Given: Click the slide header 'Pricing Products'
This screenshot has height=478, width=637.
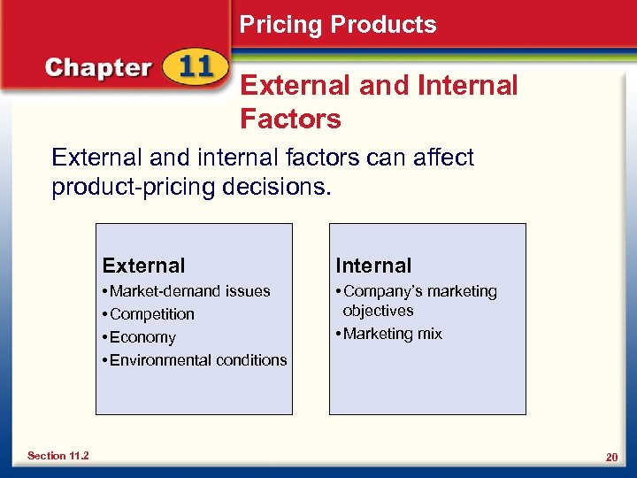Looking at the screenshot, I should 338,25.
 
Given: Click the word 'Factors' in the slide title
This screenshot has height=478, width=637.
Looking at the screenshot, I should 290,118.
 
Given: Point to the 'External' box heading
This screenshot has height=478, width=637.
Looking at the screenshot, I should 143,266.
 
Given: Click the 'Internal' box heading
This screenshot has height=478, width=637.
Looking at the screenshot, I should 372,266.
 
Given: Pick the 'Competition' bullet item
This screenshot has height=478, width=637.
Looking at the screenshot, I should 151,314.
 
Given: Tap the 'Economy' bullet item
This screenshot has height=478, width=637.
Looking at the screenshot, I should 142,337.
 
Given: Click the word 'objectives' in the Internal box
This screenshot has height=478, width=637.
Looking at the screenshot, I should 378,311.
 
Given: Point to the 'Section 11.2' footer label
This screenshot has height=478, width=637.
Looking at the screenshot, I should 58,455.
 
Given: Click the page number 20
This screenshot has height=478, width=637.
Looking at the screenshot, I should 610,456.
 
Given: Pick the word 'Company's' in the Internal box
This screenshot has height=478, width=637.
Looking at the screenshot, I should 380,291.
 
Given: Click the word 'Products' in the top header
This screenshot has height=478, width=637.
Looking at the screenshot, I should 386,25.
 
